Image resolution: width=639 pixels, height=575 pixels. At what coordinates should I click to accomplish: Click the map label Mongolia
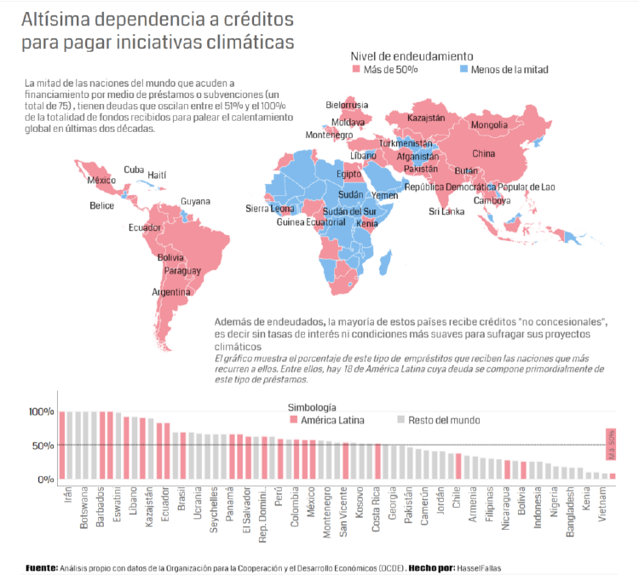click(489, 126)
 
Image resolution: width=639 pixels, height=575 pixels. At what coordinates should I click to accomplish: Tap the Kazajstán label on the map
click(427, 118)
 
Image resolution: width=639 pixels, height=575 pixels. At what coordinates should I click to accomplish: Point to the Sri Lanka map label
click(446, 211)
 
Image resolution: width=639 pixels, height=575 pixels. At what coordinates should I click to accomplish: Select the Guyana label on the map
click(195, 202)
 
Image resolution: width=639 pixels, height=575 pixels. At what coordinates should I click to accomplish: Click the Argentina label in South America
click(170, 291)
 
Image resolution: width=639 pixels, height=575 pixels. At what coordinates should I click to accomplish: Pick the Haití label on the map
click(158, 175)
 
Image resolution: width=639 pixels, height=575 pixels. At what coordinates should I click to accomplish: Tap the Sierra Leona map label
click(270, 209)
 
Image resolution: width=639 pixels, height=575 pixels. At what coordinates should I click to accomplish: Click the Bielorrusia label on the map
click(348, 105)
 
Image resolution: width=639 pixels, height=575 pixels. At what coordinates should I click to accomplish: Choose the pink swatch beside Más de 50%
click(356, 70)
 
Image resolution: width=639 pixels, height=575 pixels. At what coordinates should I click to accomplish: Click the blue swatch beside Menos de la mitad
click(464, 70)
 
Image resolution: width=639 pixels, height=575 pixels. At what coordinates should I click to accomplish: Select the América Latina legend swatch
click(294, 420)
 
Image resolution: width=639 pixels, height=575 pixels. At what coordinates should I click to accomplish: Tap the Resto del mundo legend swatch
click(400, 420)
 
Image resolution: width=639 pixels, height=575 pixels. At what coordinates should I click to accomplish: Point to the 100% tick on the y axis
click(41, 412)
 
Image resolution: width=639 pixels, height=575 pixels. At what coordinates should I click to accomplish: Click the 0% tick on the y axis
click(46, 480)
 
